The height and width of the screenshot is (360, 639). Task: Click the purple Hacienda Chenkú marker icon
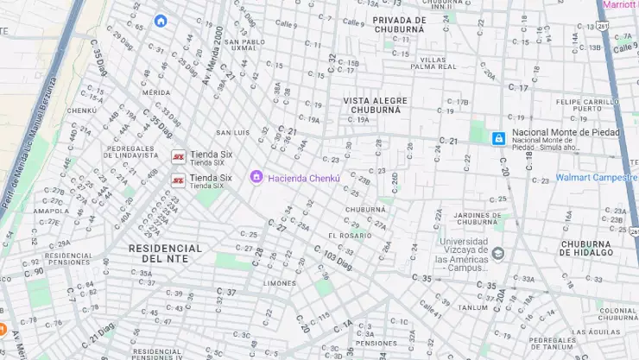click(256, 178)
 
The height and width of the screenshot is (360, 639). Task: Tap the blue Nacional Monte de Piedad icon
click(498, 138)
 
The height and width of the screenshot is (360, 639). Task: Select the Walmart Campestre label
click(595, 178)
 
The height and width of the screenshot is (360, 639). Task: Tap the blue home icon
click(160, 21)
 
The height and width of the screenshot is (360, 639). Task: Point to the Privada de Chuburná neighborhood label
click(400, 24)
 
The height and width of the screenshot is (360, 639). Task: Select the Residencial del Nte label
click(165, 253)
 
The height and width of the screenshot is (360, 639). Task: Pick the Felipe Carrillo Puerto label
click(587, 105)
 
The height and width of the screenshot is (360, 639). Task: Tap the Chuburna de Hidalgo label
click(586, 249)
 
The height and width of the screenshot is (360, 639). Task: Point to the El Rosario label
click(350, 236)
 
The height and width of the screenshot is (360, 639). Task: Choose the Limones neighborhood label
click(280, 283)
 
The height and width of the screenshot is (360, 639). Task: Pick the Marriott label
click(620, 4)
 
